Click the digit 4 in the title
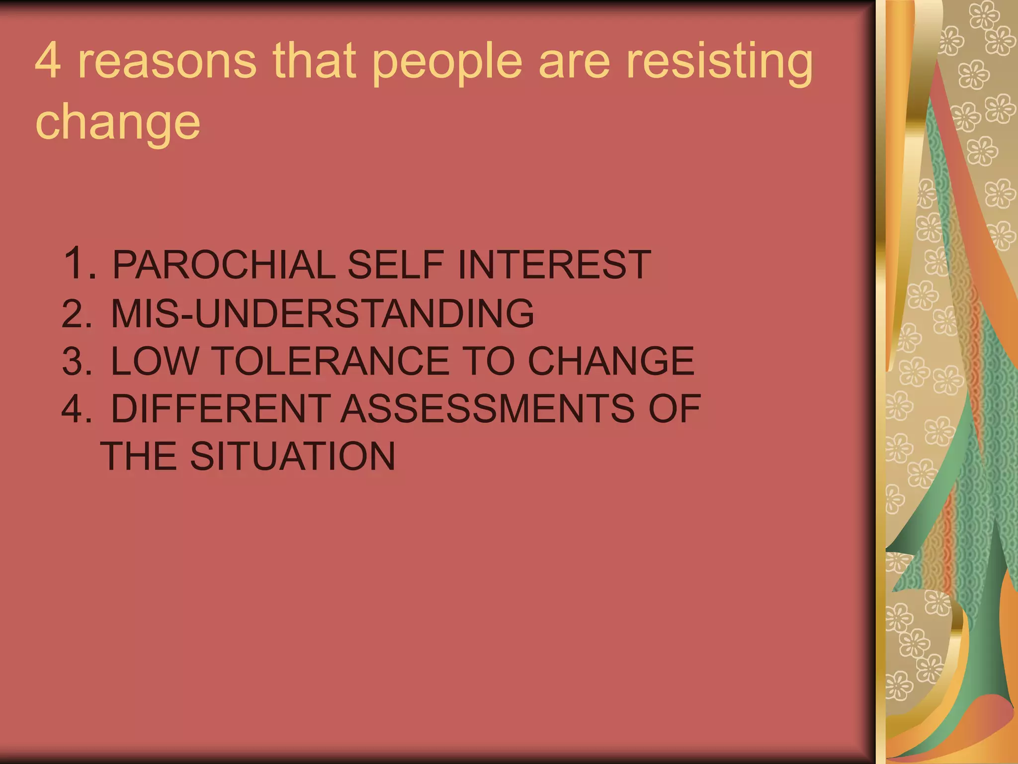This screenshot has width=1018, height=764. [x=48, y=61]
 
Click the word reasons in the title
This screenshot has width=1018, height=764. [x=167, y=62]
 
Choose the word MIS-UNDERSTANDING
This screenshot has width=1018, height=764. [x=322, y=313]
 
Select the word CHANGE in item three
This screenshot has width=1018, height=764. [x=610, y=361]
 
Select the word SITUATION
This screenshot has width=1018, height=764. [x=292, y=456]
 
